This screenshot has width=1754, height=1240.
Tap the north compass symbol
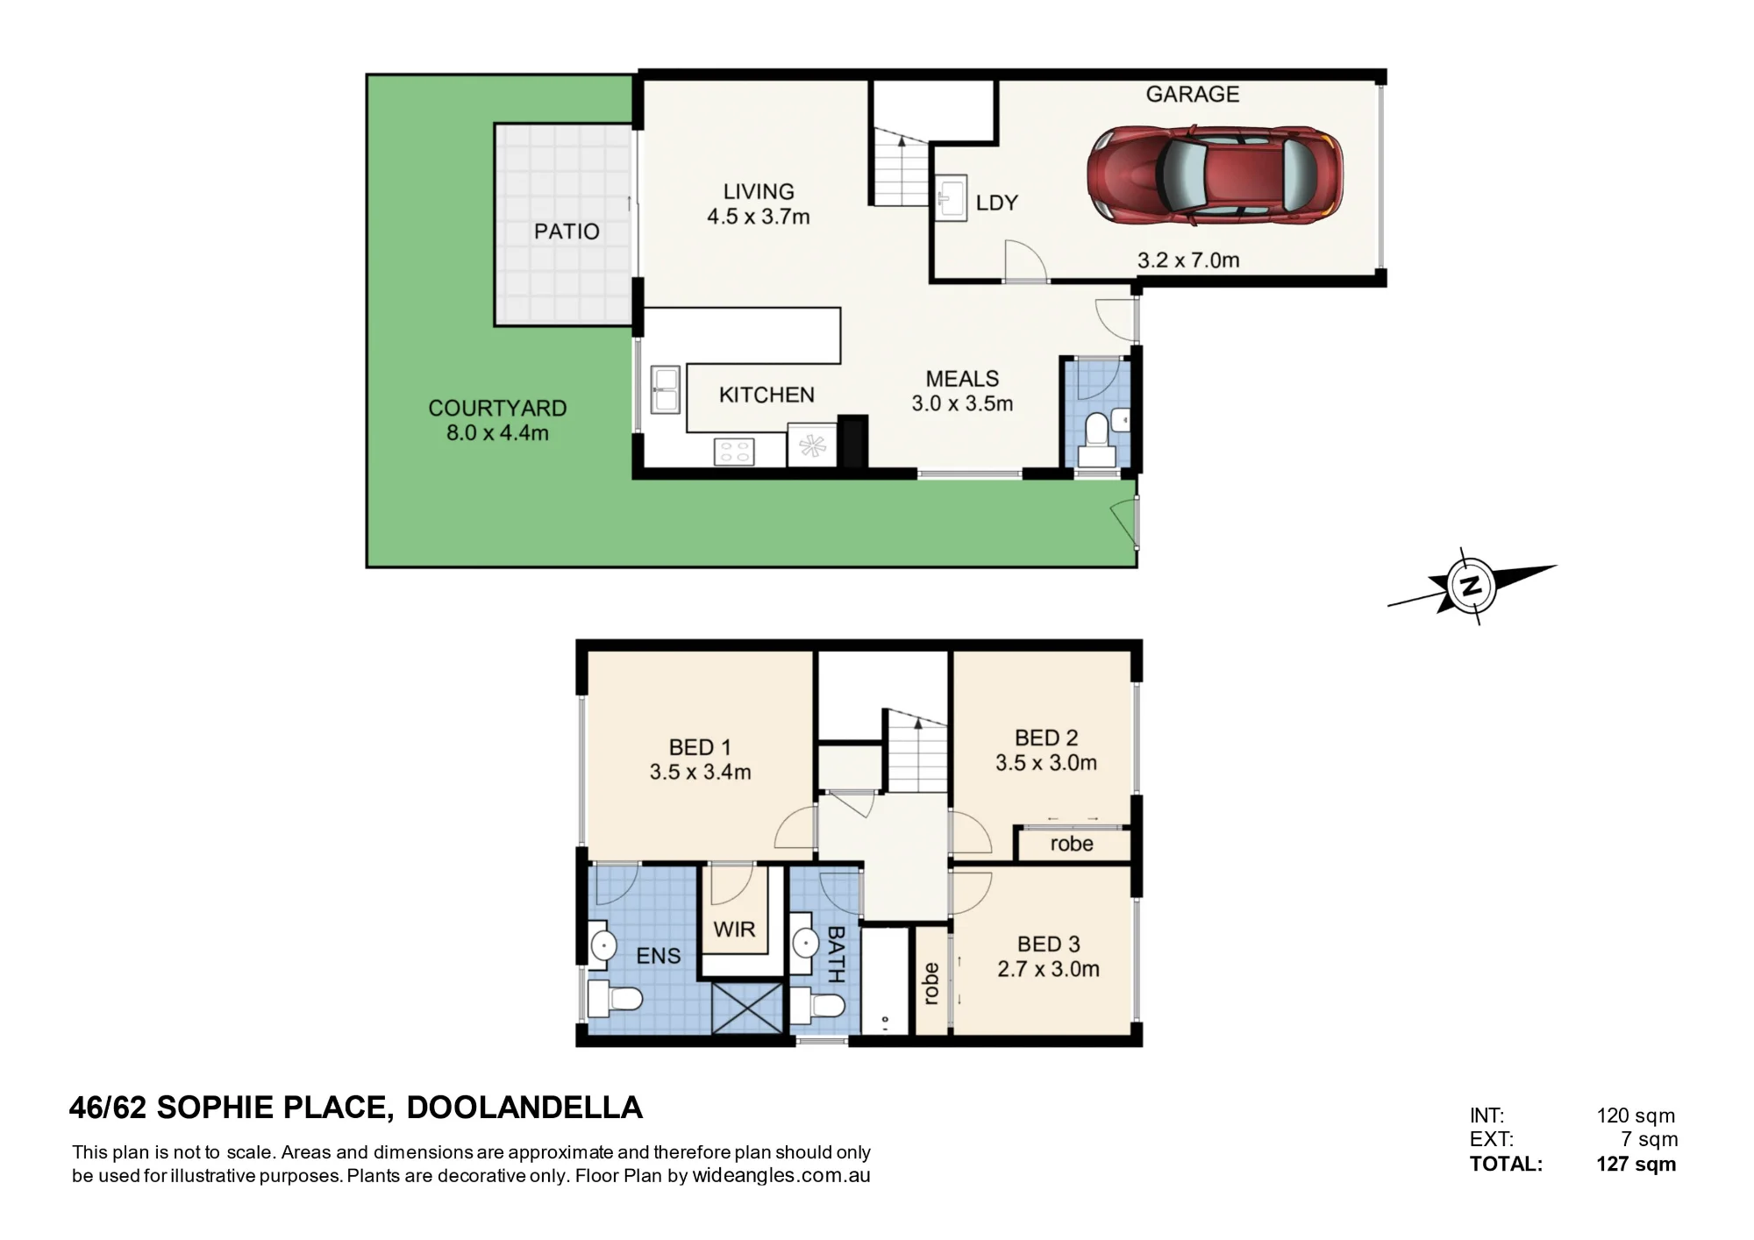(x=1471, y=586)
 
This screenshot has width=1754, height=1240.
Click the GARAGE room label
(x=1193, y=94)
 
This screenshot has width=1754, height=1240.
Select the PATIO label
(x=567, y=232)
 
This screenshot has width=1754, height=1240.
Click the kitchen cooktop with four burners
(x=734, y=452)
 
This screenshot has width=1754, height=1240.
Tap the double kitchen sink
(x=665, y=389)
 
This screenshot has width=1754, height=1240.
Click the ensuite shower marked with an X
(x=747, y=1008)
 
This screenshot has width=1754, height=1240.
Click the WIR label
(x=734, y=929)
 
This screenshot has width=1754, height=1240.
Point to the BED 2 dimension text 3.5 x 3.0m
(x=1045, y=763)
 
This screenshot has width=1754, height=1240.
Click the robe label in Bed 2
(x=1072, y=844)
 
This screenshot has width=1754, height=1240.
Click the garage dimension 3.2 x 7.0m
(x=1188, y=260)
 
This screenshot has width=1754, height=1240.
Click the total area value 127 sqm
(x=1636, y=1165)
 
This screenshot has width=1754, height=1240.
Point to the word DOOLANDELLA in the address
(x=524, y=1108)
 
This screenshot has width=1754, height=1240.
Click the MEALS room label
(x=962, y=379)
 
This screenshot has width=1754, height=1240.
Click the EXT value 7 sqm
(x=1649, y=1140)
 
